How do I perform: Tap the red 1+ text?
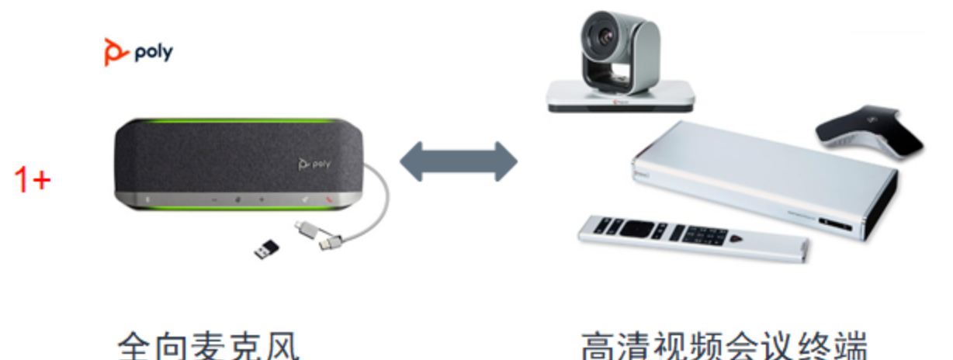(x=33, y=181)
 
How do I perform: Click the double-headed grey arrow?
(x=458, y=161)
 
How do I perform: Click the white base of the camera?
(x=620, y=96)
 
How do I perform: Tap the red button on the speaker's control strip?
(x=329, y=199)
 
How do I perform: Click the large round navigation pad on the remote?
(x=636, y=228)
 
